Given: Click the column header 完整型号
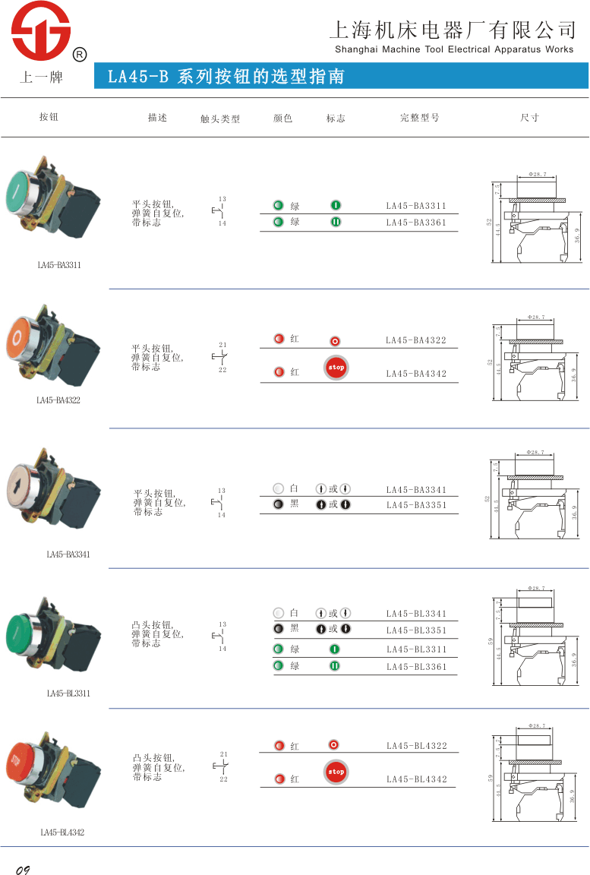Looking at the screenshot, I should click(x=419, y=118).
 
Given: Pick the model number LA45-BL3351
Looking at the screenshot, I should click(x=416, y=630).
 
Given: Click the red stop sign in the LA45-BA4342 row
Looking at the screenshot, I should click(x=336, y=368).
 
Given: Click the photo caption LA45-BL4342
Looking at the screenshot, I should click(x=62, y=832).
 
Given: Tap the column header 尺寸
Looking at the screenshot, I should click(x=529, y=118).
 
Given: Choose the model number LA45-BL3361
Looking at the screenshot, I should click(x=416, y=667).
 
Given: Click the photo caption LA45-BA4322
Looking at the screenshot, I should click(x=58, y=400).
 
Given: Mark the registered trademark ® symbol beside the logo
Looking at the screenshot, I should click(x=79, y=55).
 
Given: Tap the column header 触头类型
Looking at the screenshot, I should click(x=220, y=119).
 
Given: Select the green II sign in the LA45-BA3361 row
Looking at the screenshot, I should click(x=336, y=222).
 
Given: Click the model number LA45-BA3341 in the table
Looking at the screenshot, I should click(x=416, y=490).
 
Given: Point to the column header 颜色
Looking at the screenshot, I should click(x=282, y=118).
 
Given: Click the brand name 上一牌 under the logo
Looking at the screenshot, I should click(x=38, y=77).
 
